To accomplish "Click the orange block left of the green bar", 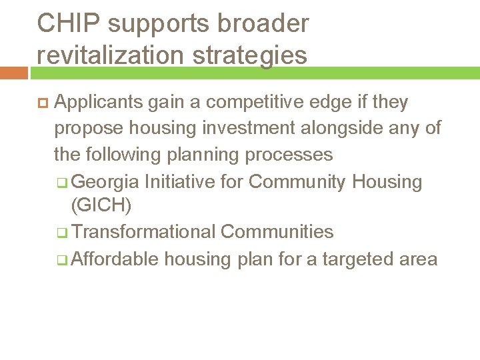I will click(x=13, y=72).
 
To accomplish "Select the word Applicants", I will click(x=98, y=103).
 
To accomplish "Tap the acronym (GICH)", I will click(x=101, y=206).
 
